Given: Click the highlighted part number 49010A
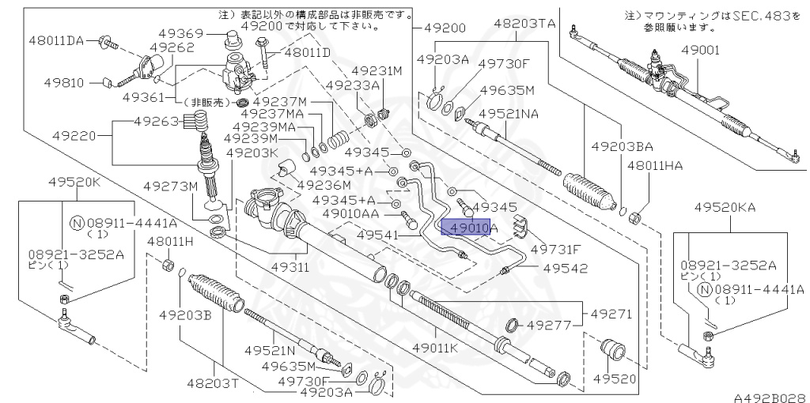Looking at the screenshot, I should coord(470,228).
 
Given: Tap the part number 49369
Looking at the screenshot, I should coord(183,33).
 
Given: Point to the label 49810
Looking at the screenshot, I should coord(53,81).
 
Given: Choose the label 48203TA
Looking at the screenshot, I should coord(524,24).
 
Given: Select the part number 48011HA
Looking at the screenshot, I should coord(655,166).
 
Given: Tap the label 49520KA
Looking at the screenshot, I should coord(725,207).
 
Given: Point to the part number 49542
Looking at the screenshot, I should coord(565,268).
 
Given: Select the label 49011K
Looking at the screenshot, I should coord(433,347).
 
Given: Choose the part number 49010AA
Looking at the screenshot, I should coord(350,214).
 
